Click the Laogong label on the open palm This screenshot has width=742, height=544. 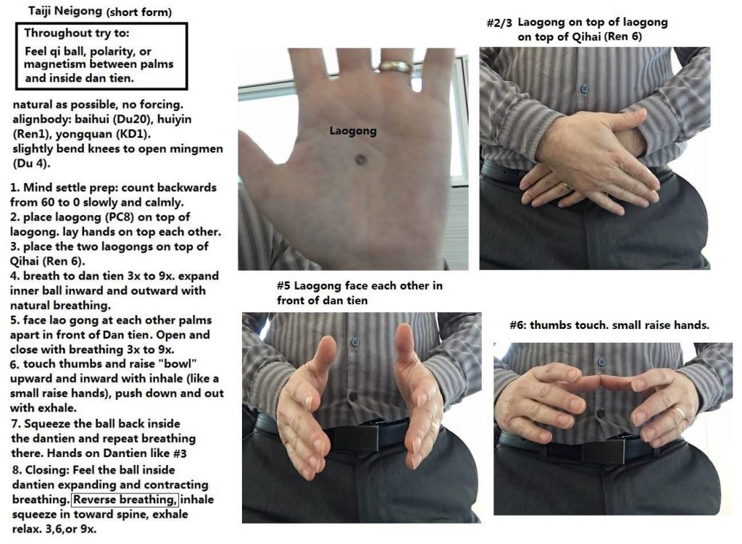pyautogui.click(x=353, y=131)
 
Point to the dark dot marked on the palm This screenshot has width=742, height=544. pyautogui.click(x=360, y=160)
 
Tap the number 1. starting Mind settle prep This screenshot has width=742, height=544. pyautogui.click(x=15, y=188)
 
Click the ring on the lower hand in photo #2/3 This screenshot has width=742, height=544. pyautogui.click(x=567, y=186)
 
